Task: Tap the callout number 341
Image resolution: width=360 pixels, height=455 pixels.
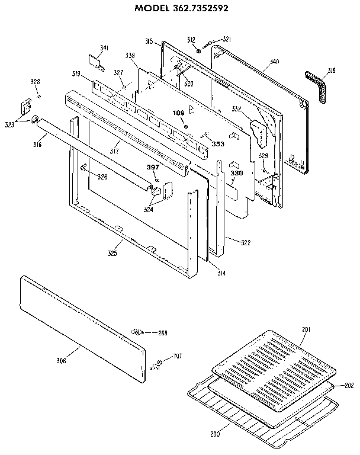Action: [x=104, y=48]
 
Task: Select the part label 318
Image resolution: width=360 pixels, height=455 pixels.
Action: [x=331, y=71]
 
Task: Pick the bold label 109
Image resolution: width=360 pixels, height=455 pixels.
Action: [x=179, y=113]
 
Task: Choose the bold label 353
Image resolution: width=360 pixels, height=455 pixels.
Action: [x=218, y=143]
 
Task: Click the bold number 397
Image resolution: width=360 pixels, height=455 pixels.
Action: [x=153, y=168]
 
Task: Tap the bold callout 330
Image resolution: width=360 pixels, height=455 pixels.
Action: [x=237, y=173]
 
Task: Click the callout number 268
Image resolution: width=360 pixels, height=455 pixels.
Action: [x=162, y=333]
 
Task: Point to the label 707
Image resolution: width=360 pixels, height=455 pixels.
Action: [x=176, y=356]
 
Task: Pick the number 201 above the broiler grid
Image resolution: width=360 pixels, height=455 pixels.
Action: [x=306, y=329]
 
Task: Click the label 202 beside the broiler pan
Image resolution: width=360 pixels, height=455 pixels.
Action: [x=349, y=385]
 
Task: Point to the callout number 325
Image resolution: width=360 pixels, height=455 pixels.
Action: [x=112, y=254]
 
